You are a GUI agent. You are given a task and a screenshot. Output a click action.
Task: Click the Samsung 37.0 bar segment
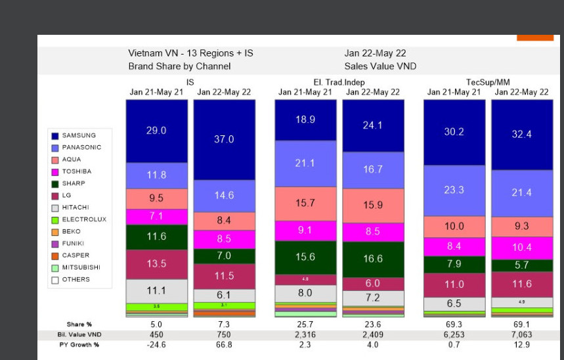click(223, 139)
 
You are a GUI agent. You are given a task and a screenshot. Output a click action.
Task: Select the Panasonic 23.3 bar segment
click(454, 191)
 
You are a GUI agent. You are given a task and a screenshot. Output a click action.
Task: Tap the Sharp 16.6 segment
click(372, 259)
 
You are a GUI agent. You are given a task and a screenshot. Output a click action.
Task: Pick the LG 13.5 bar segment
click(156, 263)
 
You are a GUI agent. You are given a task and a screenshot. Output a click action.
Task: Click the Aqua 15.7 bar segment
click(305, 203)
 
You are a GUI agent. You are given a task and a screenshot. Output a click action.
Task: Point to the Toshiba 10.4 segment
click(521, 248)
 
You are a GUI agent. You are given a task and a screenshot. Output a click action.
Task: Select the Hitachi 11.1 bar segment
click(156, 290)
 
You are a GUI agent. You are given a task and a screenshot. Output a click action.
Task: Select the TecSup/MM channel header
click(487, 82)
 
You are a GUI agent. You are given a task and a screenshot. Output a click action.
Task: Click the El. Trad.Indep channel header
click(339, 82)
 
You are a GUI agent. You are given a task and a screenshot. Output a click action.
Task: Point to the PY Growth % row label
click(78, 345)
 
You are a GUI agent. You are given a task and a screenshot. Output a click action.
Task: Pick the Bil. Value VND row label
click(78, 335)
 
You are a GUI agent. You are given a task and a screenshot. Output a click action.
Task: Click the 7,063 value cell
click(521, 335)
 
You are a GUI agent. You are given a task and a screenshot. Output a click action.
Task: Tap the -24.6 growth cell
click(156, 345)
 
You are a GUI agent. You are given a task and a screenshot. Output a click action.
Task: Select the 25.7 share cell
click(305, 325)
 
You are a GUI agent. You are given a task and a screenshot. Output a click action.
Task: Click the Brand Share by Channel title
click(179, 66)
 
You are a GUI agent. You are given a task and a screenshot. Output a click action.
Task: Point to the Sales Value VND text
click(380, 66)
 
